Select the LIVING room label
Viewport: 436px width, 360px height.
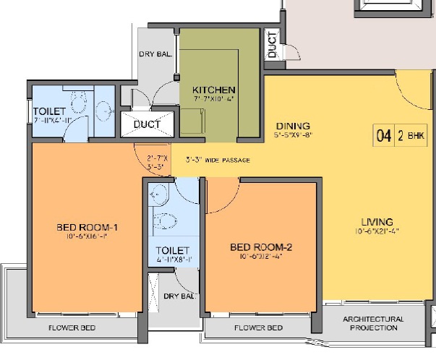click(377, 220)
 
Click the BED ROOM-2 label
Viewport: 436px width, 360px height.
click(260, 247)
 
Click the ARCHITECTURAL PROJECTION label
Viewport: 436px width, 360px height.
click(373, 323)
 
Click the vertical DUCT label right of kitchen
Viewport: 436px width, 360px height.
click(272, 45)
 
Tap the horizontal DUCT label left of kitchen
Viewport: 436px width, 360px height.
click(148, 124)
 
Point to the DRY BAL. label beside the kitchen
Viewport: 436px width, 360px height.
click(156, 54)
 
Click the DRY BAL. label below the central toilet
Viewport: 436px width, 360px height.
click(179, 296)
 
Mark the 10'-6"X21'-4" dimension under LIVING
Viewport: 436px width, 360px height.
click(377, 231)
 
